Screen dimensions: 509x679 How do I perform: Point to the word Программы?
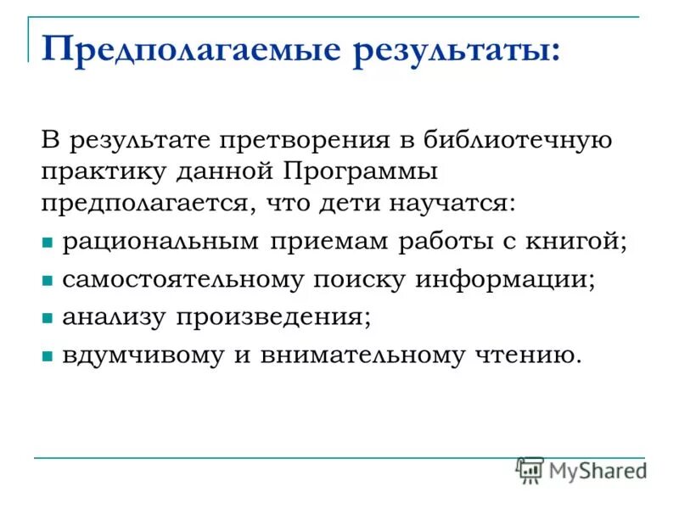click(x=360, y=171)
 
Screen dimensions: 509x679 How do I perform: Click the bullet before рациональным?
click(x=48, y=243)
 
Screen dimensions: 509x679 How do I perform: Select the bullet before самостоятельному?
click(x=48, y=281)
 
